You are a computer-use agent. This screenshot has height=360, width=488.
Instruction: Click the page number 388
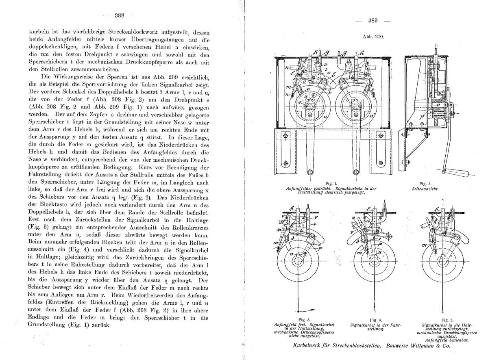click(x=119, y=16)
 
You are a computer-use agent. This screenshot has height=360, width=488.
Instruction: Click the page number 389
click(x=373, y=21)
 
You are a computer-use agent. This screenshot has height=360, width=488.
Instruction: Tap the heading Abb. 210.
click(x=371, y=36)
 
